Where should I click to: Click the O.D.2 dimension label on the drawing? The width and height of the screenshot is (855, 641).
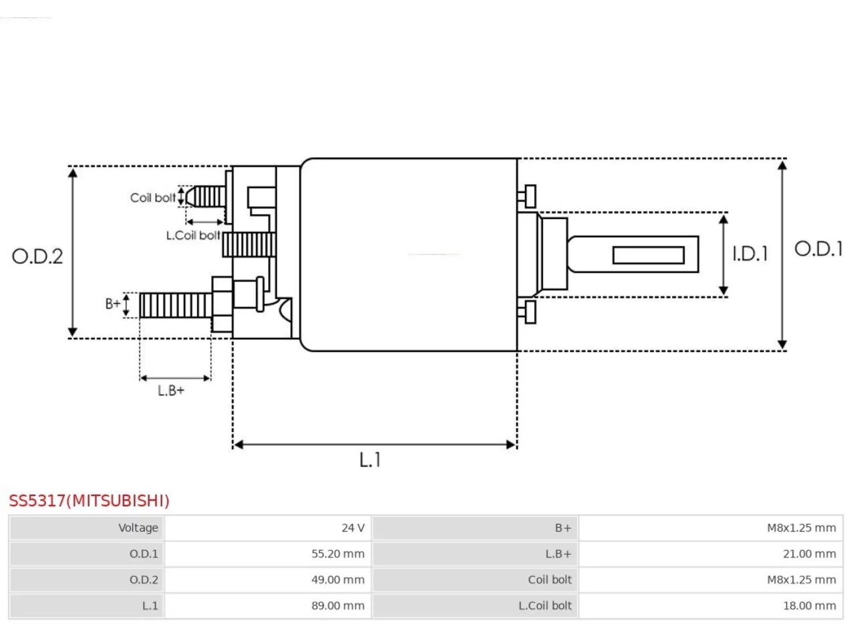click(37, 256)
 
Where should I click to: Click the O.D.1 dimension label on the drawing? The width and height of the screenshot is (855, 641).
click(818, 248)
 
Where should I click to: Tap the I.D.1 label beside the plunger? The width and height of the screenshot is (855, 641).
click(750, 254)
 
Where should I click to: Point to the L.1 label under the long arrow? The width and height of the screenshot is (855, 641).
click(369, 459)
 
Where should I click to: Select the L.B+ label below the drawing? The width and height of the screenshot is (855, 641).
click(170, 391)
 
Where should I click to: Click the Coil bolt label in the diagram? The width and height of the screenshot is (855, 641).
click(153, 198)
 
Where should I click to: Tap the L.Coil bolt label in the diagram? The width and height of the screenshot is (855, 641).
click(193, 236)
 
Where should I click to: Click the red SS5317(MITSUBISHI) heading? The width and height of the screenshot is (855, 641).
click(90, 501)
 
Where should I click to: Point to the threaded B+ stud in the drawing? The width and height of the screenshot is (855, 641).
click(176, 306)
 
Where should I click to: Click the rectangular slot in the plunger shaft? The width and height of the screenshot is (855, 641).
click(648, 255)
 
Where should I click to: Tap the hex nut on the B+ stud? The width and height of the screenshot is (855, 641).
click(222, 304)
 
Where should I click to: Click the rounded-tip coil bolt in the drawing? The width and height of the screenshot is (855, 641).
click(205, 196)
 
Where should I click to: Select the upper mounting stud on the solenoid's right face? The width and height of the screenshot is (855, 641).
click(526, 196)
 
